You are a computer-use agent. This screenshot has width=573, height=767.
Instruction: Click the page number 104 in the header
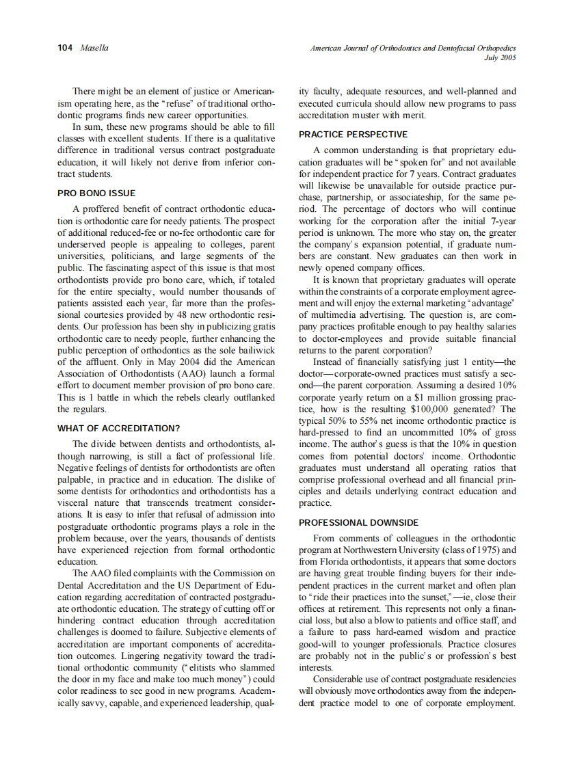point(66,48)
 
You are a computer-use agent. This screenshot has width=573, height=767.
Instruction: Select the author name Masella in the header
point(94,48)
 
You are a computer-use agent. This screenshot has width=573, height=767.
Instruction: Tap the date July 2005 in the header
point(500,58)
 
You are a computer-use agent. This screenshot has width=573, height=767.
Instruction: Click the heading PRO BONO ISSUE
point(96,193)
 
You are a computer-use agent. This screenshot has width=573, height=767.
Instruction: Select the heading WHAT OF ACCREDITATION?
point(118,429)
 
